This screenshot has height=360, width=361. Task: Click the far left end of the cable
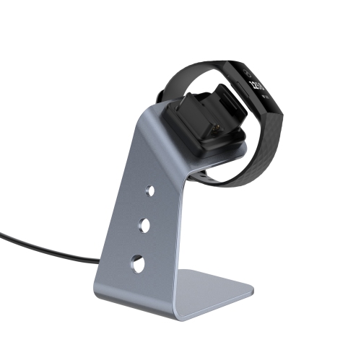tap(2, 234)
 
